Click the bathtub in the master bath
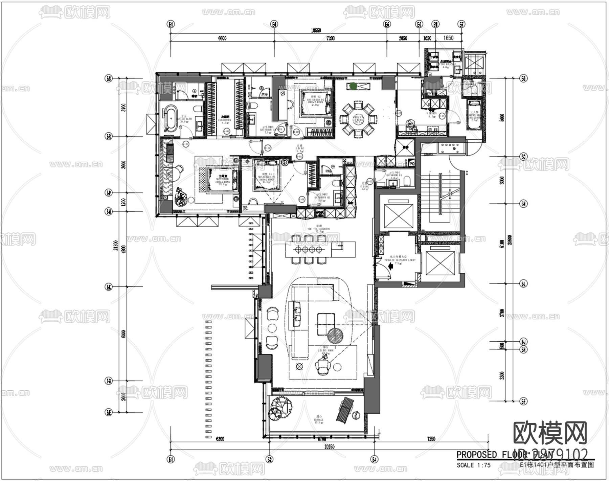pos(170,118)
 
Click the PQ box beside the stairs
pos(412,163)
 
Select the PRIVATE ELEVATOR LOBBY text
pos(400,260)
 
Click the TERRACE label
pos(318,420)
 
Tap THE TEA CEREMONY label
pos(318,229)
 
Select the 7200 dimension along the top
pos(330,38)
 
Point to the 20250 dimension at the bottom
pos(329,446)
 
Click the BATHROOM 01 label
pos(394,175)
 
